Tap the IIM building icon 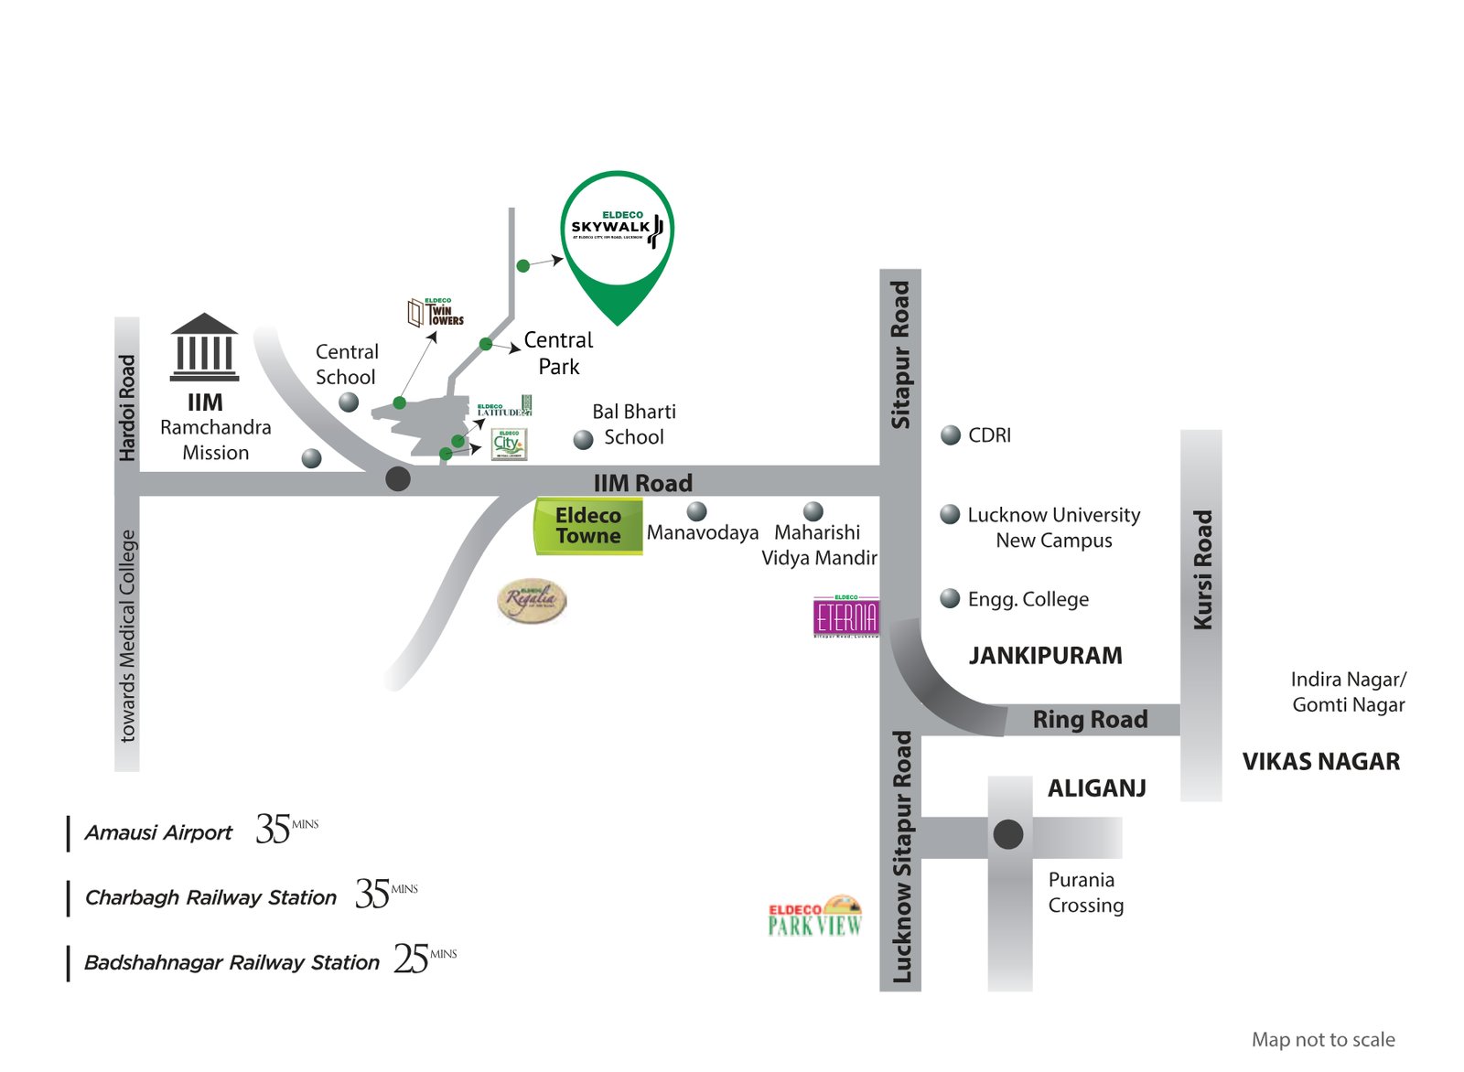tap(204, 348)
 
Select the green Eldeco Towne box tap(588, 526)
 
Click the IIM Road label tap(642, 483)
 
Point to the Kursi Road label tap(1202, 569)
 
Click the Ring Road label tap(1090, 720)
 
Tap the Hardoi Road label tap(127, 408)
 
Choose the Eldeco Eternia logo tap(846, 616)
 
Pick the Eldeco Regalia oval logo tap(532, 601)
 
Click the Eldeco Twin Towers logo tap(436, 312)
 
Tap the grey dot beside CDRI tap(951, 435)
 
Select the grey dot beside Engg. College tap(951, 598)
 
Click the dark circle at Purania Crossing tap(1008, 834)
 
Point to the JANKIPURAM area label tap(1045, 656)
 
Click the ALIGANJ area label tap(1096, 788)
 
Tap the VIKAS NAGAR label tap(1320, 762)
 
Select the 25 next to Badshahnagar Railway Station tap(412, 959)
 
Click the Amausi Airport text tap(158, 833)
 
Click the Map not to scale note tap(1322, 1040)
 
